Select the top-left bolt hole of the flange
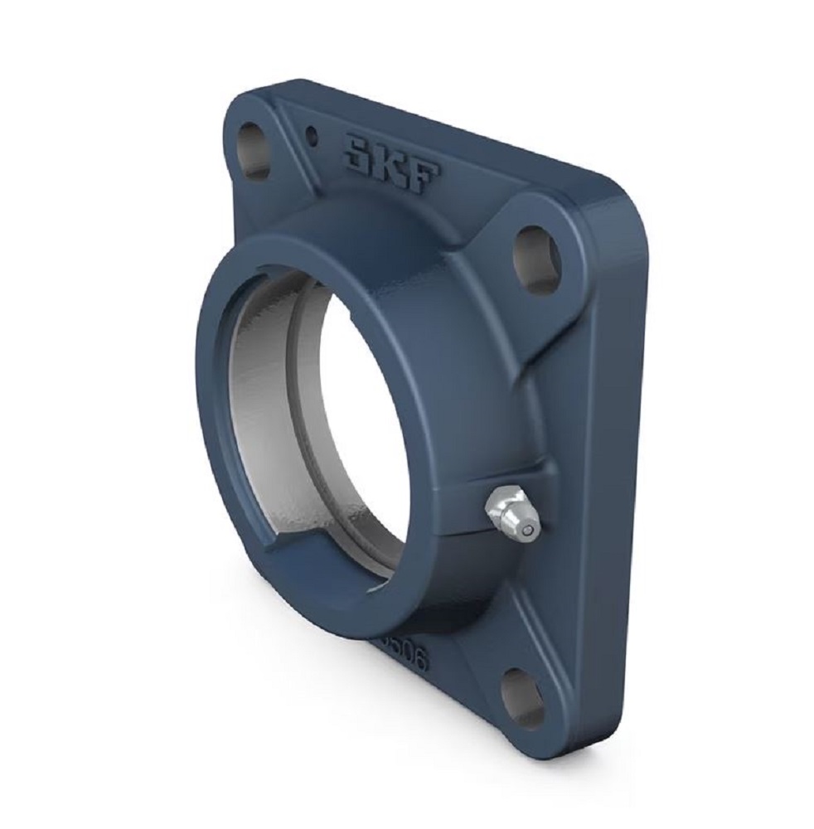pyautogui.click(x=254, y=150)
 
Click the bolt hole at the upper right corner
pyautogui.click(x=538, y=259)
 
